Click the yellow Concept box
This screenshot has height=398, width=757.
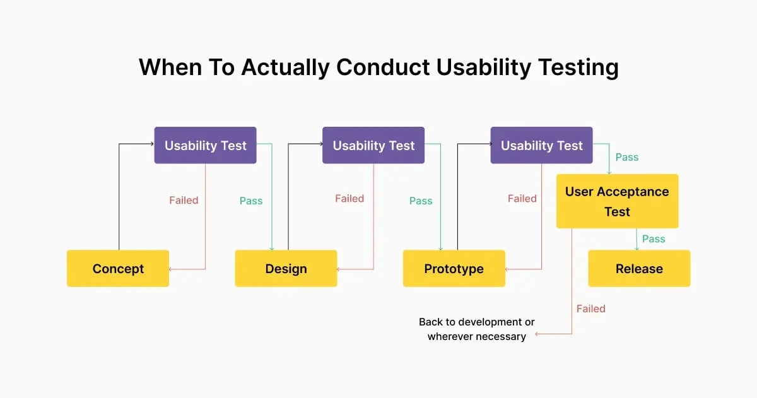pos(118,269)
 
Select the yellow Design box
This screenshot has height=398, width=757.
pos(286,269)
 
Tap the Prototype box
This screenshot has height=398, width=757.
pos(454,269)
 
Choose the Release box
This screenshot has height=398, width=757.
pos(639,269)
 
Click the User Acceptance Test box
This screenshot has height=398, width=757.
pos(617,201)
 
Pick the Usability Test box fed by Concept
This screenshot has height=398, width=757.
pos(205,146)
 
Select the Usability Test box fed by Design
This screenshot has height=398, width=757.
pos(373,146)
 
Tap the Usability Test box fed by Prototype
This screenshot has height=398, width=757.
pos(541,146)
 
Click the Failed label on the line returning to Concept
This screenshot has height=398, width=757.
pos(184,201)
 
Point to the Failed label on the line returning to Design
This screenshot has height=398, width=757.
pos(349,199)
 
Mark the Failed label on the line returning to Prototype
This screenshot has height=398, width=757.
pos(522,199)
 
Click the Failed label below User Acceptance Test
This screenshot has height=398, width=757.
pos(590,309)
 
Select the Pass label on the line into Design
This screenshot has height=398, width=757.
pos(251,201)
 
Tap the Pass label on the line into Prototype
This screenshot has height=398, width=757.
pos(421,201)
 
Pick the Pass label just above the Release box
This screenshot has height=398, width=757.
pos(654,239)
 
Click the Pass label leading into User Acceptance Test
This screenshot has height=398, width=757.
pos(627,157)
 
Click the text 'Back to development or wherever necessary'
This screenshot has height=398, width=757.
pos(476,329)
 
